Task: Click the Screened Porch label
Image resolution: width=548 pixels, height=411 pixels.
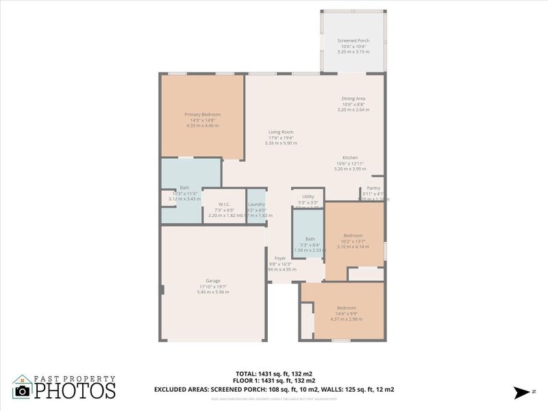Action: pyautogui.click(x=353, y=40)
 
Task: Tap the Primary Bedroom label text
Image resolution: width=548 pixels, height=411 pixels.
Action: pyautogui.click(x=202, y=114)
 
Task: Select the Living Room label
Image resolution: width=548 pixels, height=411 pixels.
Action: pyautogui.click(x=281, y=132)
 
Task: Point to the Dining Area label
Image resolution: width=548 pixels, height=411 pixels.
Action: pyautogui.click(x=353, y=99)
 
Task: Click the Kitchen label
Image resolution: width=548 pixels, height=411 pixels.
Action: pyautogui.click(x=350, y=158)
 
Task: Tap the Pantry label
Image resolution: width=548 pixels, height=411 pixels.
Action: pyautogui.click(x=373, y=188)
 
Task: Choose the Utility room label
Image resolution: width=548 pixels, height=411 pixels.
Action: pyautogui.click(x=308, y=197)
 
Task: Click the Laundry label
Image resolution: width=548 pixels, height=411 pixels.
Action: pyautogui.click(x=257, y=204)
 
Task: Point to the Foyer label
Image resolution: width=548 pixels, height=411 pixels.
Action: pyautogui.click(x=280, y=258)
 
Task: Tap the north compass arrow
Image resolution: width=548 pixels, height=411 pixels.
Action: pyautogui.click(x=519, y=392)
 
